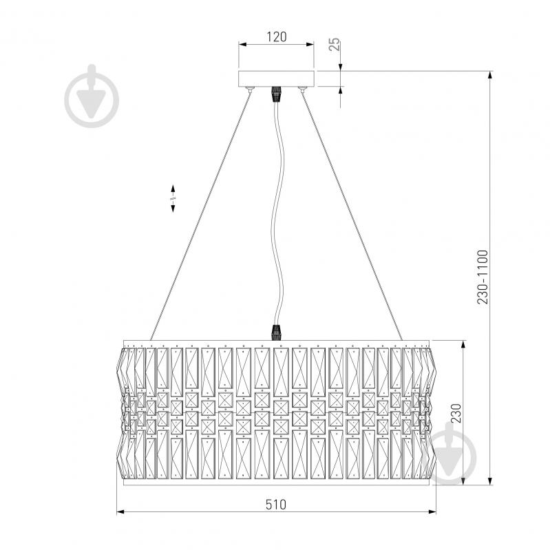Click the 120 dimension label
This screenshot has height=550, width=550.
(x=277, y=37)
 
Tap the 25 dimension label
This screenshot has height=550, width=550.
(x=335, y=44)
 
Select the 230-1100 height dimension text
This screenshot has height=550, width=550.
(x=483, y=277)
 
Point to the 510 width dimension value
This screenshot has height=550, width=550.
(x=276, y=505)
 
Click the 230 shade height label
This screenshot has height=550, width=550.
(x=456, y=413)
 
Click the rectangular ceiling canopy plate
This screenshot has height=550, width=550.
(x=276, y=78)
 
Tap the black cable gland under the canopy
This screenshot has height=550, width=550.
(x=277, y=94)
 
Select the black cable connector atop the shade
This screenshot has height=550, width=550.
(x=277, y=332)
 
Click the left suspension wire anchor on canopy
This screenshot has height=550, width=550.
(x=250, y=89)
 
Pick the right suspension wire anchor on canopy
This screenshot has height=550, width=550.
(x=302, y=89)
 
